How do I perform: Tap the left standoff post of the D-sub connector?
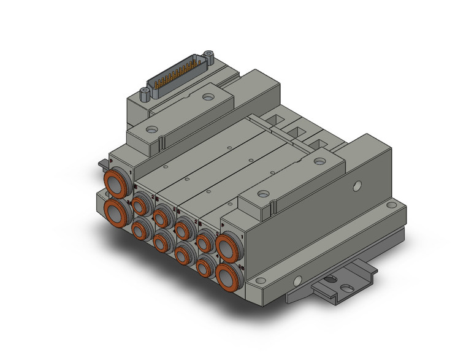click(x=145, y=94)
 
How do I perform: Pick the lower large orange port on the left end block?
click(x=116, y=212)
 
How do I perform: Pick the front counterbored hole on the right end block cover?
click(x=263, y=194)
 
